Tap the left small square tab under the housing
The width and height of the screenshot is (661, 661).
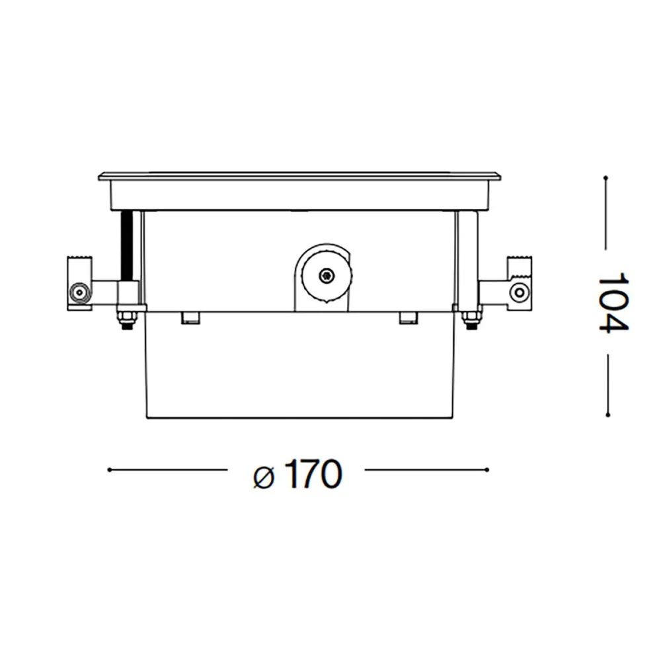pos(190,317)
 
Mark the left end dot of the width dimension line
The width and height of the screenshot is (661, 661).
pos(109,470)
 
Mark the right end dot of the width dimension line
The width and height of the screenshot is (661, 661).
pos(487,470)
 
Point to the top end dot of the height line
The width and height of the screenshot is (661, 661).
pos(606,176)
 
